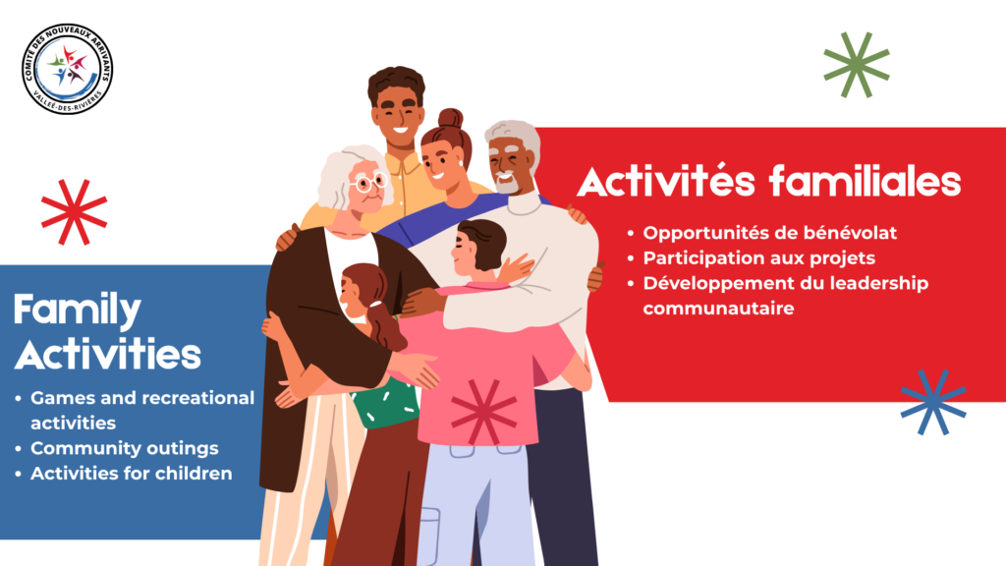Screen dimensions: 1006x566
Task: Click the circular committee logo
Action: (67, 69)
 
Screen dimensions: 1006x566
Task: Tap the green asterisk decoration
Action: (857, 65)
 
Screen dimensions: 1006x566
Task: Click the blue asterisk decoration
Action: (933, 402)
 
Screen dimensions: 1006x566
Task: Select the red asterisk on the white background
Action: (74, 212)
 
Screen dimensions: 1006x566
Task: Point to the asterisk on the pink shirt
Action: (483, 412)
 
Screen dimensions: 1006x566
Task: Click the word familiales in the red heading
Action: (865, 181)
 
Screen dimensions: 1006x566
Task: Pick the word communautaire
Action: (718, 309)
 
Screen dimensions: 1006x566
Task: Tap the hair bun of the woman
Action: (450, 119)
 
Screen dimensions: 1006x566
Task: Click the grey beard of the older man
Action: (508, 184)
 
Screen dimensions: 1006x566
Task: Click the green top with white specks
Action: (385, 403)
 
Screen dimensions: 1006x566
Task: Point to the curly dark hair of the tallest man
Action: (396, 84)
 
